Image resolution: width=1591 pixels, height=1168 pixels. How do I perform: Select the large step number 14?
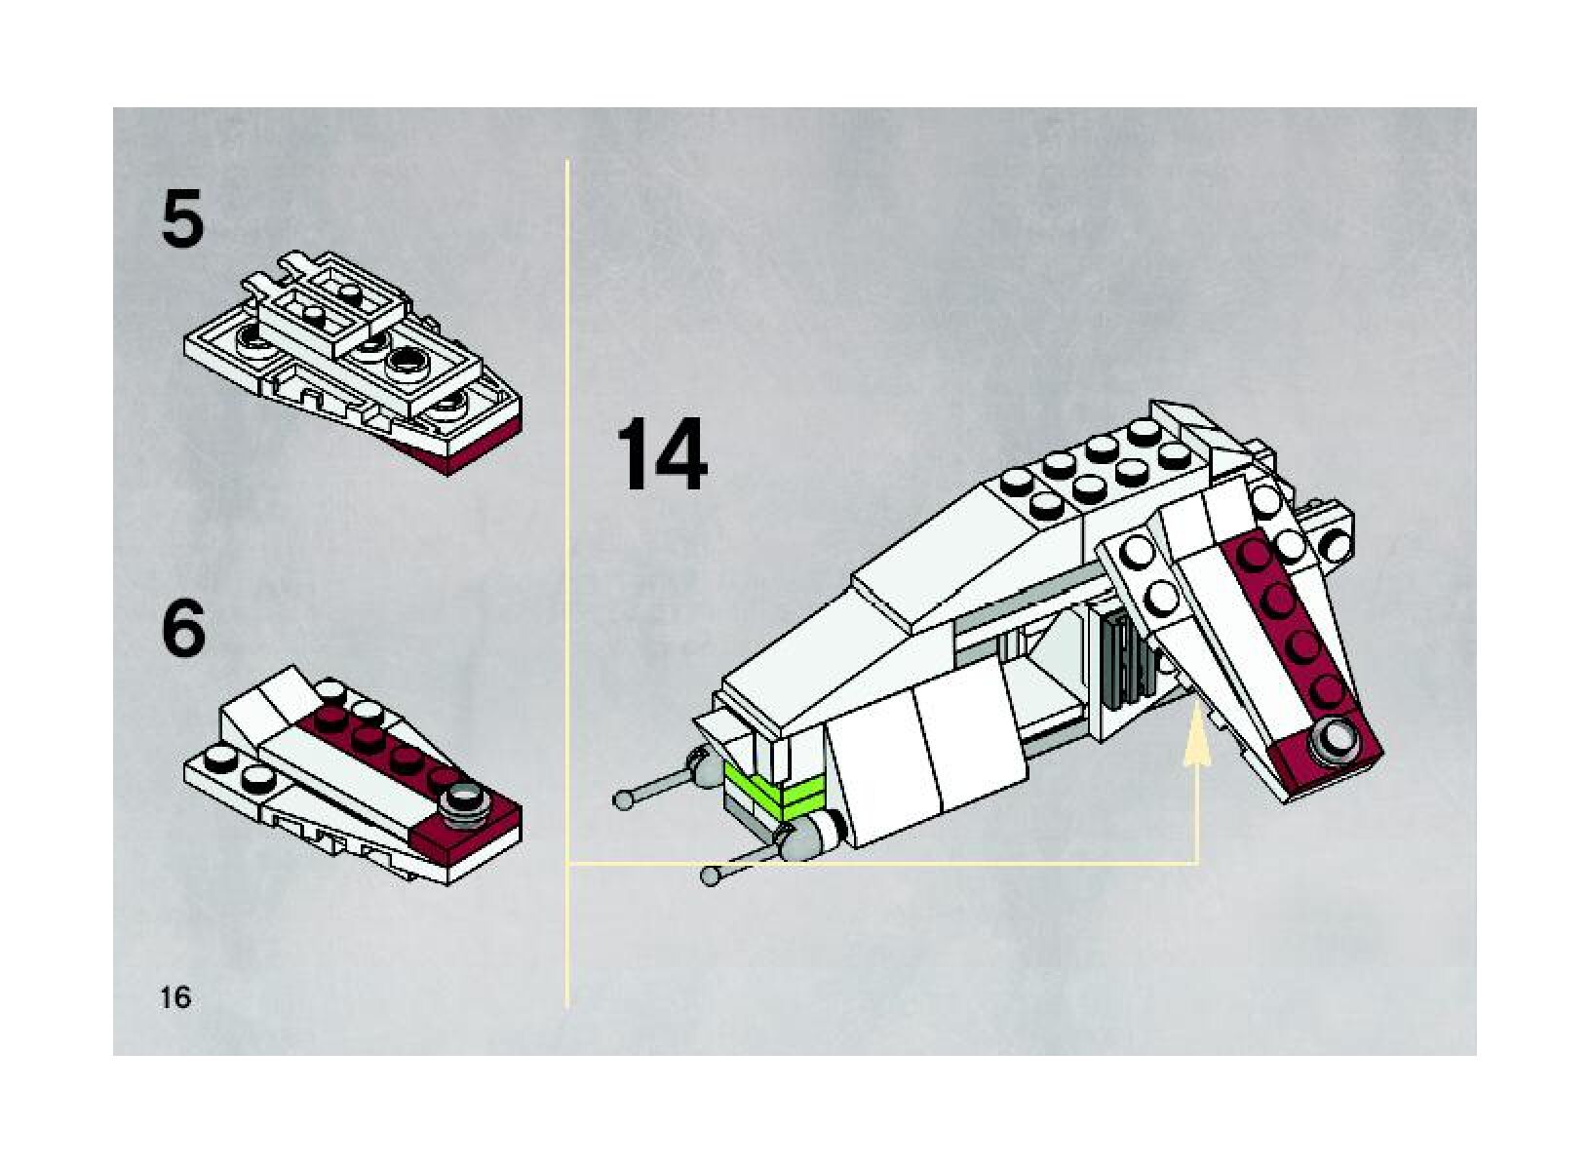[x=661, y=455]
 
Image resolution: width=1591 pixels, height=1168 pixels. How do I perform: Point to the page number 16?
[x=176, y=997]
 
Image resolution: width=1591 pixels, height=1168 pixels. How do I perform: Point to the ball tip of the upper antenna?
[x=623, y=798]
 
